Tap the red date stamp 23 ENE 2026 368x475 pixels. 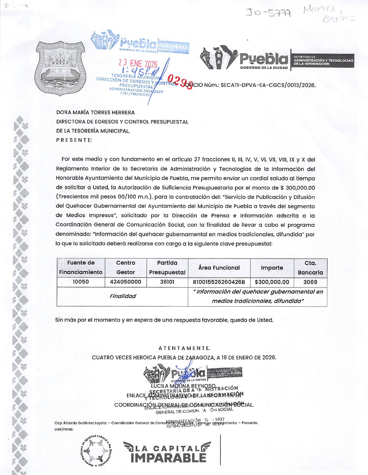pyautogui.click(x=138, y=64)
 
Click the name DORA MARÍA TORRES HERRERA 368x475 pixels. pyautogui.click(x=96, y=112)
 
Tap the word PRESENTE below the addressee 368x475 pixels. pyautogui.click(x=74, y=140)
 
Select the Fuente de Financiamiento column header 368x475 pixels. pyautogui.click(x=81, y=268)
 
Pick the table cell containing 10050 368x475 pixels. pyautogui.click(x=81, y=282)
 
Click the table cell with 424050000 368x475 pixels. pyautogui.click(x=126, y=282)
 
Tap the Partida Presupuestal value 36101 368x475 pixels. pyautogui.click(x=167, y=282)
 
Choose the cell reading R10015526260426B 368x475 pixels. pyautogui.click(x=219, y=282)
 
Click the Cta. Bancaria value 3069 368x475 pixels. pyautogui.click(x=310, y=282)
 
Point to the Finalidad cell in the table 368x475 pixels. pyautogui.click(x=122, y=296)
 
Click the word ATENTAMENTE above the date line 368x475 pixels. pyautogui.click(x=184, y=348)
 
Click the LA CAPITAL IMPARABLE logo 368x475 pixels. pyautogui.click(x=167, y=452)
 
